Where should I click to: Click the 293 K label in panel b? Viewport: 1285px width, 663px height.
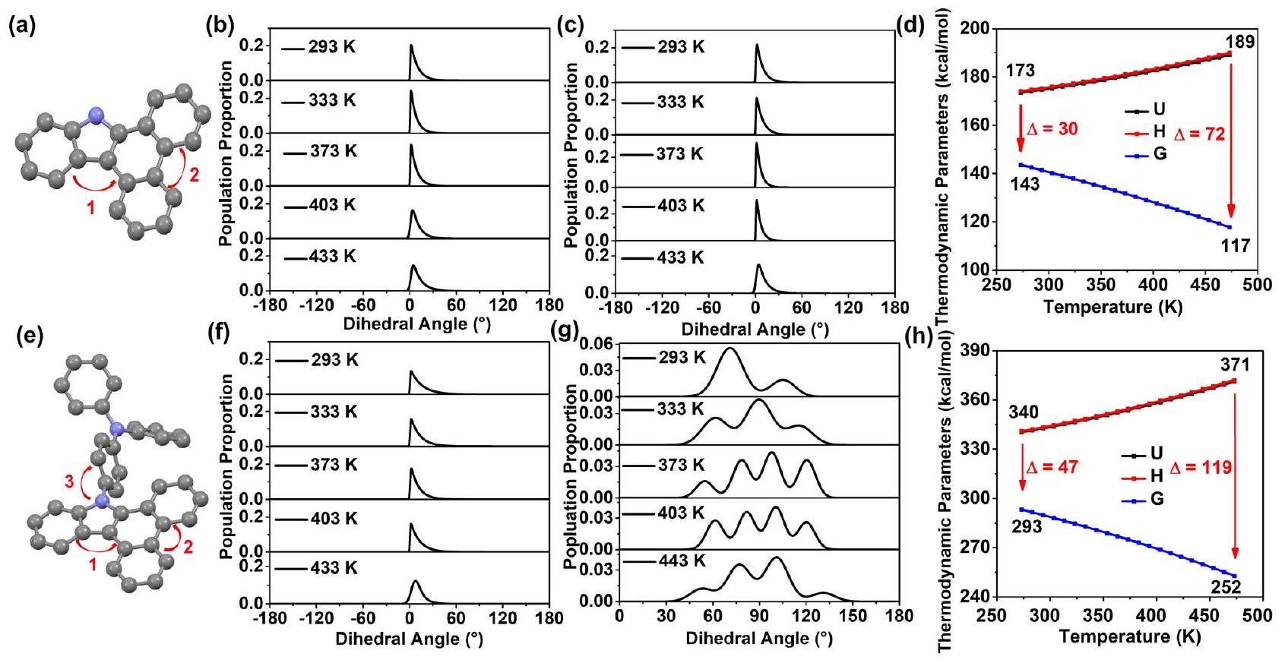click(331, 48)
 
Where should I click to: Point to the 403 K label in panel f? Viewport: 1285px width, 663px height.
click(333, 519)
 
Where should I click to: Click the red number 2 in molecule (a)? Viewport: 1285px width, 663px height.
click(194, 176)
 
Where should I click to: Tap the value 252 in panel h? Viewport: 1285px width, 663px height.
click(1226, 586)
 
